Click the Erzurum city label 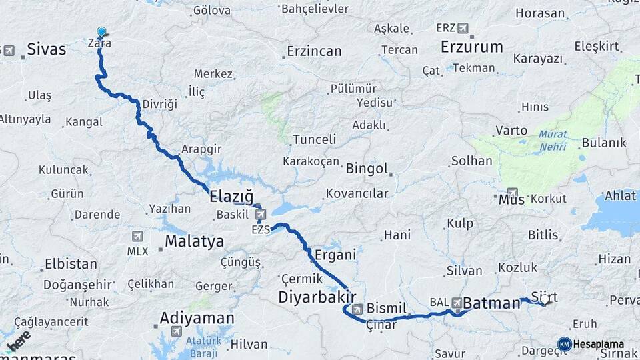click(472, 47)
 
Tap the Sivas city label click(47, 49)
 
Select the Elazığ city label click(231, 197)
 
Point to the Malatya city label click(195, 241)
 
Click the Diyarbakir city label click(317, 296)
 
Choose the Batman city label click(491, 303)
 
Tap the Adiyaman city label click(197, 318)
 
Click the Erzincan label click(314, 51)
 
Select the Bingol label click(367, 169)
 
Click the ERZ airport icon click(463, 28)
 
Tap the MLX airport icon click(137, 236)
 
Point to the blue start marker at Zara click(101, 32)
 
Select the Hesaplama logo click(591, 344)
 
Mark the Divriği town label click(160, 105)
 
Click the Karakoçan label click(311, 162)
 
